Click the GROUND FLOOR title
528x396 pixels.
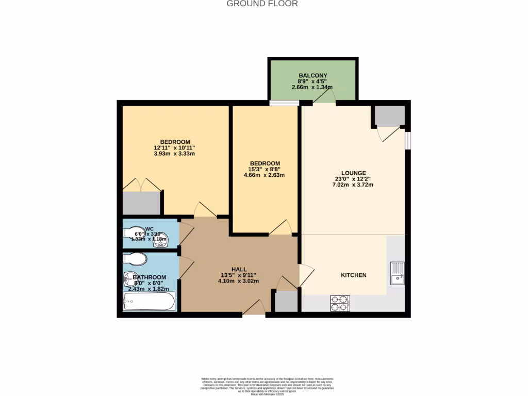[262, 4]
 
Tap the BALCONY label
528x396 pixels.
[312, 76]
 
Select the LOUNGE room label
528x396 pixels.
[353, 173]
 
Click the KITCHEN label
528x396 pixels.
[353, 275]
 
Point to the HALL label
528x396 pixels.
[238, 270]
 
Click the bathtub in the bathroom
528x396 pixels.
[149, 301]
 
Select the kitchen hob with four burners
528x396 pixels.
[340, 303]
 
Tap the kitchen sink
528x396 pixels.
[397, 273]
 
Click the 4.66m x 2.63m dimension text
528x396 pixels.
[264, 175]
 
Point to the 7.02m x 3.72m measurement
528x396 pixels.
[353, 185]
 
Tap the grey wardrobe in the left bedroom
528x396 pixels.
[141, 203]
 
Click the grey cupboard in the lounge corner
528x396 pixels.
[389, 116]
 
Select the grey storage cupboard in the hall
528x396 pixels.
[286, 302]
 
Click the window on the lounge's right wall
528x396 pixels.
[407, 140]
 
